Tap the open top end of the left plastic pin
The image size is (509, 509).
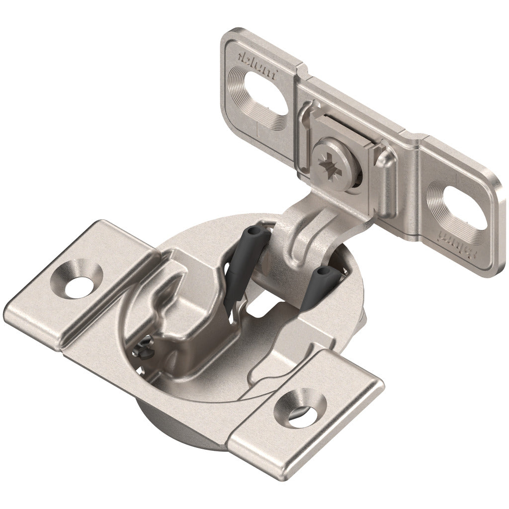point(253,233)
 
